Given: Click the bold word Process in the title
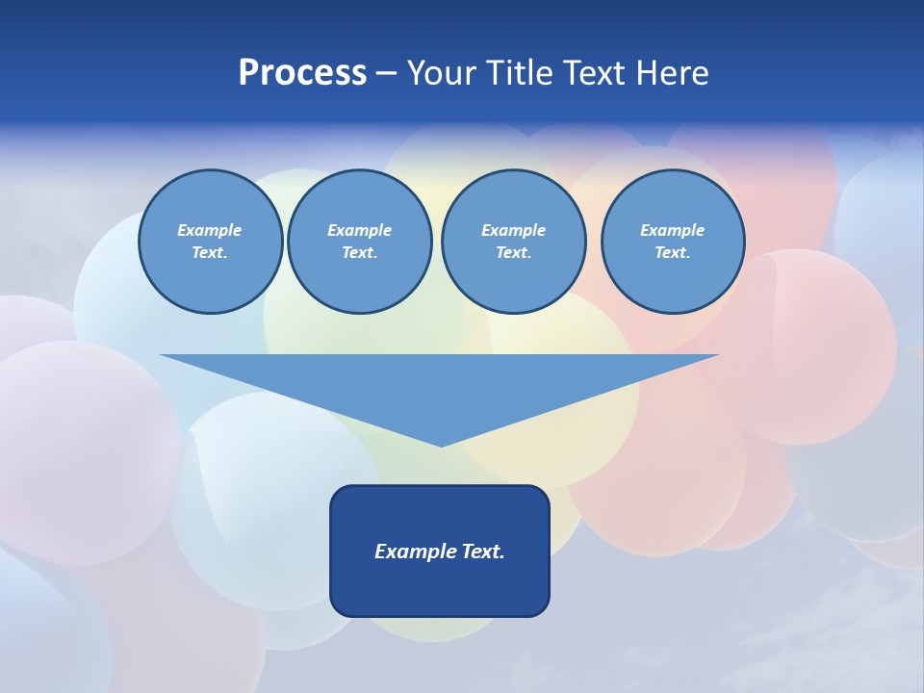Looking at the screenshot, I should coord(302,73).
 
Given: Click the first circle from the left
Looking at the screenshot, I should coord(210,242).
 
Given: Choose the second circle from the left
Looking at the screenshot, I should coord(360,242).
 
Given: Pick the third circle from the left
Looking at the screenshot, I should coord(513,242).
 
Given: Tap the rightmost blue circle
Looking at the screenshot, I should coord(673,242).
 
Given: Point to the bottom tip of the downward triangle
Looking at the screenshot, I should coord(441,444).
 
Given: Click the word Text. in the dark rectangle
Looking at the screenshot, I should coord(484,552).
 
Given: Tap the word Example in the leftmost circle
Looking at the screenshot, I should coord(210,230).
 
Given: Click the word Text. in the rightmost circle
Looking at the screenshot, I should coord(673,253).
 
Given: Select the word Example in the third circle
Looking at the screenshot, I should coord(513,230).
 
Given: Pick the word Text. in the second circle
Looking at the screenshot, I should coord(360,253).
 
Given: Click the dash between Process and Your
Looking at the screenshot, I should coord(386,74).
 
